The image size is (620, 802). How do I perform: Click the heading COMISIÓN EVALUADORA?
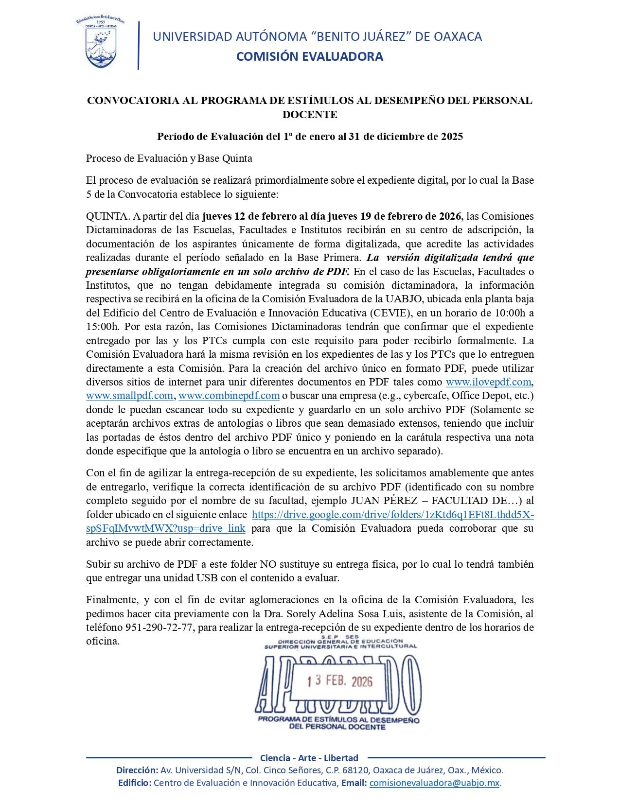click(309, 57)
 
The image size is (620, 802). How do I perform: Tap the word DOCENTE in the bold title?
click(310, 115)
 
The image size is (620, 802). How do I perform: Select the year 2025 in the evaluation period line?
click(452, 137)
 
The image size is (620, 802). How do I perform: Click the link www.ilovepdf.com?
click(489, 382)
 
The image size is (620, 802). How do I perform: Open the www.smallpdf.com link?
click(129, 396)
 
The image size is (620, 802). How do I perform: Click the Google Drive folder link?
click(392, 515)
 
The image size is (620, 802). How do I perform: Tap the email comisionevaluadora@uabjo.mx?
click(435, 783)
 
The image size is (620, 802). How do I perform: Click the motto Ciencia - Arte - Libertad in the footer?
click(309, 758)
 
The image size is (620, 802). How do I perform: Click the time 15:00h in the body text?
click(104, 327)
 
